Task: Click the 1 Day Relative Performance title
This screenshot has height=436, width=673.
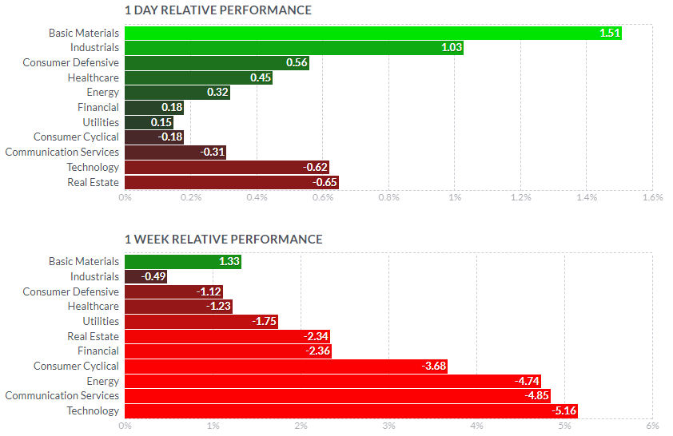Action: (x=218, y=10)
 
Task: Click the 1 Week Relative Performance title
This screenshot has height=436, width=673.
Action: (x=224, y=239)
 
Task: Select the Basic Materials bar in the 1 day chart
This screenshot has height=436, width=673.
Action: (x=372, y=33)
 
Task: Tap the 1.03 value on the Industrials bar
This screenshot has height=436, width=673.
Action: (x=452, y=48)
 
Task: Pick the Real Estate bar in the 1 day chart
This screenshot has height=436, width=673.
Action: (x=231, y=182)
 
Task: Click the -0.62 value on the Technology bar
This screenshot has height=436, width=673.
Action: (x=315, y=167)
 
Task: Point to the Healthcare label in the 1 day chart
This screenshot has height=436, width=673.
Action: (x=94, y=77)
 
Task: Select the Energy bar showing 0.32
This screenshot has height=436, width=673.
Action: (x=177, y=93)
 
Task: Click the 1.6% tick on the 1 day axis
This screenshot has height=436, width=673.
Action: (x=652, y=197)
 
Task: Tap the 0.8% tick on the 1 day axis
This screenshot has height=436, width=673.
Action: (x=388, y=197)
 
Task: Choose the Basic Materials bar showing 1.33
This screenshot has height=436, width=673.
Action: (x=182, y=261)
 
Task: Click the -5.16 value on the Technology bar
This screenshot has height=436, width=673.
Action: (x=563, y=410)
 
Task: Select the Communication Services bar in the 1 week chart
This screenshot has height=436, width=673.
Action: (x=337, y=395)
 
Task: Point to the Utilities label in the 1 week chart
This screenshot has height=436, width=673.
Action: (x=101, y=321)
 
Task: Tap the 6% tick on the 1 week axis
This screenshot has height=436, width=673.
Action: (x=652, y=426)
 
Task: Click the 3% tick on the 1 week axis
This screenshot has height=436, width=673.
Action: (x=388, y=426)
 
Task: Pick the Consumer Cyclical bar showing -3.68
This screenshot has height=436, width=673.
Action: (x=286, y=366)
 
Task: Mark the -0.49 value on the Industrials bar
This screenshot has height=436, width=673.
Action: (x=153, y=276)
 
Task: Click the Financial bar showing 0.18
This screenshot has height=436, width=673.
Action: (x=144, y=107)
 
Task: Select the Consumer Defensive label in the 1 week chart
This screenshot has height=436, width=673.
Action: (x=70, y=291)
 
